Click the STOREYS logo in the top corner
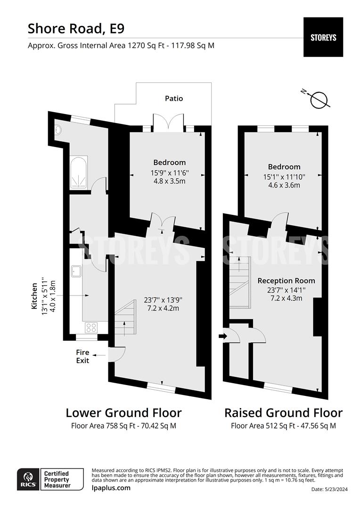pyautogui.click(x=323, y=37)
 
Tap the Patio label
pyautogui.click(x=174, y=99)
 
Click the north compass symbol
pyautogui.click(x=319, y=99)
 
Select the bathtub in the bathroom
pyautogui.click(x=79, y=173)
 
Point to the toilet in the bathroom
pyautogui.click(x=58, y=129)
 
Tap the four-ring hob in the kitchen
pyautogui.click(x=91, y=327)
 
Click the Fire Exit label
pyautogui.click(x=83, y=356)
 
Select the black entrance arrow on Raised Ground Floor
pyautogui.click(x=223, y=336)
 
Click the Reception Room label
pyautogui.click(x=286, y=281)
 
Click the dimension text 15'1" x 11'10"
pyautogui.click(x=284, y=177)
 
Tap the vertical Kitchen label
pyautogui.click(x=34, y=296)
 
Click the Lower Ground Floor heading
pyautogui.click(x=123, y=413)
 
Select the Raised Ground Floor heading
pyautogui.click(x=283, y=413)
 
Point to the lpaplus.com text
pyautogui.click(x=111, y=488)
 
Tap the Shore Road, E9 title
pyautogui.click(x=76, y=28)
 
